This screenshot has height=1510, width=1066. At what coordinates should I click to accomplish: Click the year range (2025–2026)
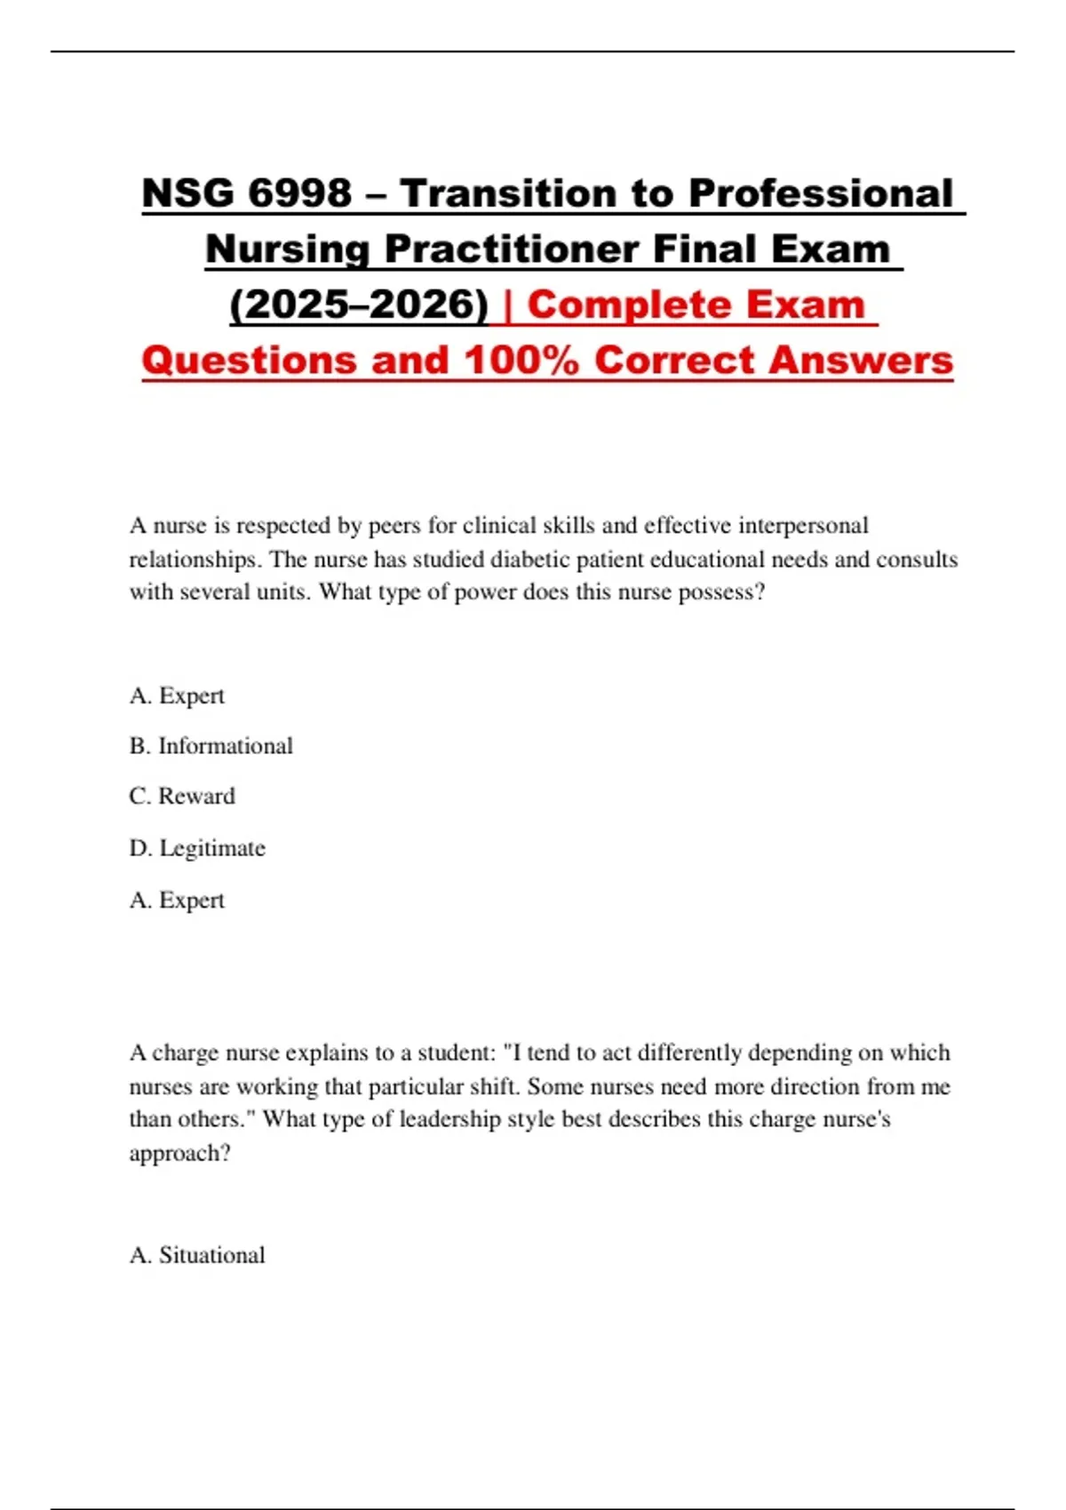click(x=359, y=305)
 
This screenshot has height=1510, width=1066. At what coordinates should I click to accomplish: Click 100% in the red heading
click(x=521, y=360)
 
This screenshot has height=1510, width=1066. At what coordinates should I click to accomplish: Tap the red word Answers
click(x=862, y=360)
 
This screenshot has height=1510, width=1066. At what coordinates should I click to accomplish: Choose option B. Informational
click(x=211, y=746)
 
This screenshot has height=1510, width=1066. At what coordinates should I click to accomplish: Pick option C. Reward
click(x=182, y=796)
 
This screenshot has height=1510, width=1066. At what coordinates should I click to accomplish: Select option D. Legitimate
click(x=197, y=848)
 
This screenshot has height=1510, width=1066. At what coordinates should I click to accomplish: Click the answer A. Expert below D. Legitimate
click(x=177, y=900)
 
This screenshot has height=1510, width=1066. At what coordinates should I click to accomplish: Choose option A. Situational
click(x=197, y=1255)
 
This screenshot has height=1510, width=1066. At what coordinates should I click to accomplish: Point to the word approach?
click(x=179, y=1153)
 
